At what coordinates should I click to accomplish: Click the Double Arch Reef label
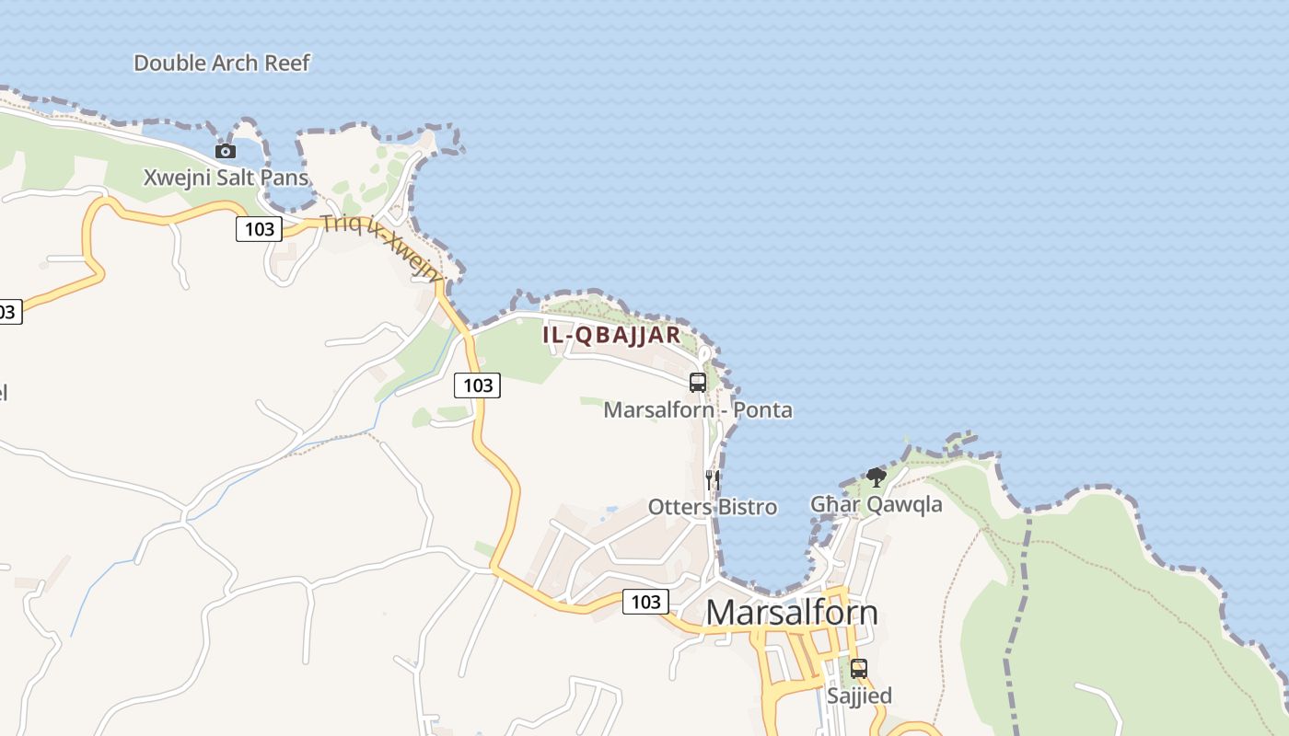222,63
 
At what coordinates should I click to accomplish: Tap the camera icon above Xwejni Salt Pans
226,151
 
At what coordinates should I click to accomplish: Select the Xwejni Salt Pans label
226,178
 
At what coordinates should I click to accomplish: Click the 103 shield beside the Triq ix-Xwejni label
259,228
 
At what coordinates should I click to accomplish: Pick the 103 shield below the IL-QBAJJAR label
477,385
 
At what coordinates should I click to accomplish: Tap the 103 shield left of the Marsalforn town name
645,602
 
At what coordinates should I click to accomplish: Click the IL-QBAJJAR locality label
611,335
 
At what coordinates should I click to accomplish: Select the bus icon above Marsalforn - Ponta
698,383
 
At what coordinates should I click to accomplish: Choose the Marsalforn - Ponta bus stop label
698,409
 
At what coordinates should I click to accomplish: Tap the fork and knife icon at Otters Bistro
712,479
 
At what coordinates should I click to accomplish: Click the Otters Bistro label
713,507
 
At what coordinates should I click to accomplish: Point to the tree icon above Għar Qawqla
877,477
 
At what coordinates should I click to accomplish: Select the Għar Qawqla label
877,504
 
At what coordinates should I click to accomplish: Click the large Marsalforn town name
792,613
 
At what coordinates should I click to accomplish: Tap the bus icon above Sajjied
859,669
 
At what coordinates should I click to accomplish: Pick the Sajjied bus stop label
859,696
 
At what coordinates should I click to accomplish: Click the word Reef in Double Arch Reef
287,63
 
